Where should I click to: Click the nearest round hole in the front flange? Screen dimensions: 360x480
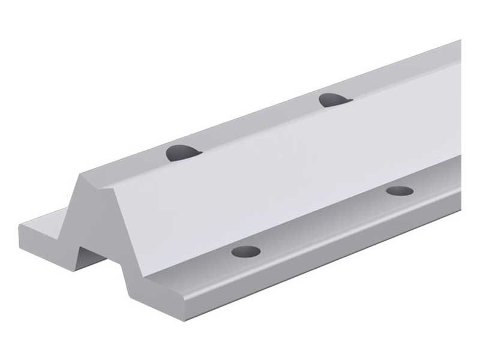coord(245,251)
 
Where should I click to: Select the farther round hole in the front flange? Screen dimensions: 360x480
coord(400,192)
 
